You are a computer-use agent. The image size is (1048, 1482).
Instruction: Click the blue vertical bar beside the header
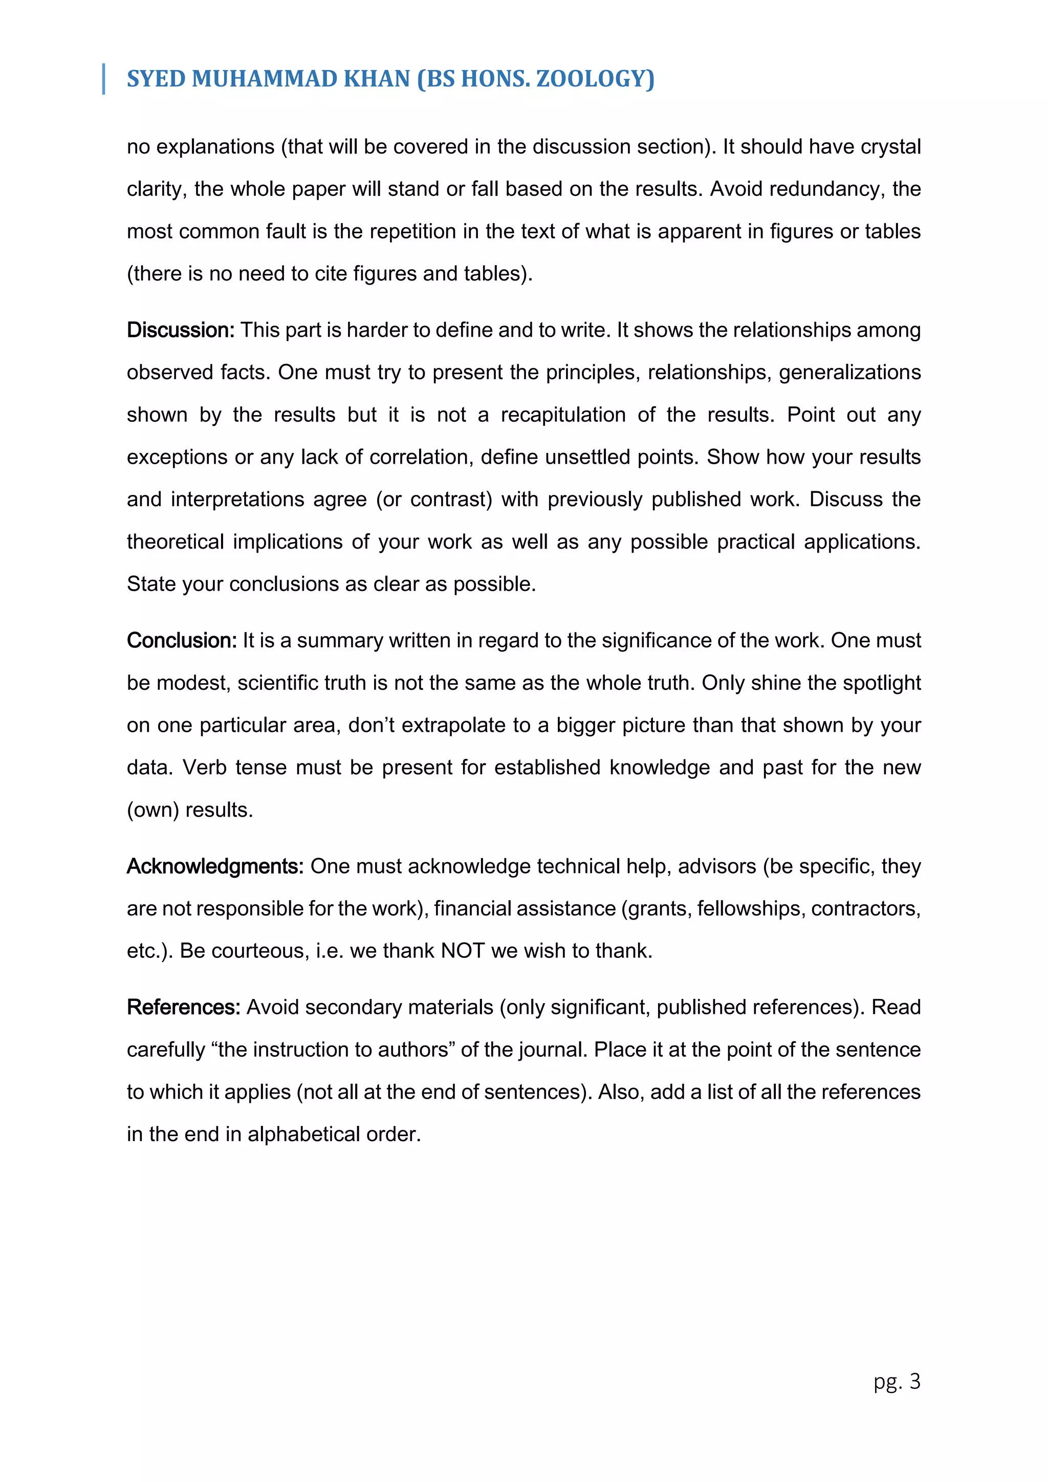coord(104,79)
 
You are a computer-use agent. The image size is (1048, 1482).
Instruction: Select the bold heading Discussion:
coord(180,330)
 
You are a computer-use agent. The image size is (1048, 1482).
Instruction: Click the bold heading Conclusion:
coord(181,640)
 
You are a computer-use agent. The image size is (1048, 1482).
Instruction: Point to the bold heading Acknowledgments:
coord(215,866)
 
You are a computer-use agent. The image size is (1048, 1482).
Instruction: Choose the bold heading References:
coord(183,1007)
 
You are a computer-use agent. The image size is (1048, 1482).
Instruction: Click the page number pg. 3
coord(897,1381)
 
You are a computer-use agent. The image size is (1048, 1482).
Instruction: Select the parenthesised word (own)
coord(153,810)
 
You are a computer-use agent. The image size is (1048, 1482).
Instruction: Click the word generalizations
coord(849,373)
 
